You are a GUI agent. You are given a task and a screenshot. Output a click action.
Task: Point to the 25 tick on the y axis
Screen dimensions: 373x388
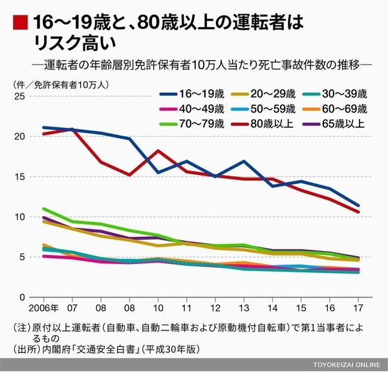18,96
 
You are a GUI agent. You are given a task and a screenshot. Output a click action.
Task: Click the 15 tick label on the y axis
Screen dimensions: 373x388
18,177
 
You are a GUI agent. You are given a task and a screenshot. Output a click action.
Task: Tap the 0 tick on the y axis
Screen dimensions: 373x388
21,297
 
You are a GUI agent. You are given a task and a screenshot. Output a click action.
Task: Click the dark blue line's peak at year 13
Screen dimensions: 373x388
243,161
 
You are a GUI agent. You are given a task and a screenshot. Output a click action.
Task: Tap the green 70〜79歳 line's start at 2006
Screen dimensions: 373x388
43,208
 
